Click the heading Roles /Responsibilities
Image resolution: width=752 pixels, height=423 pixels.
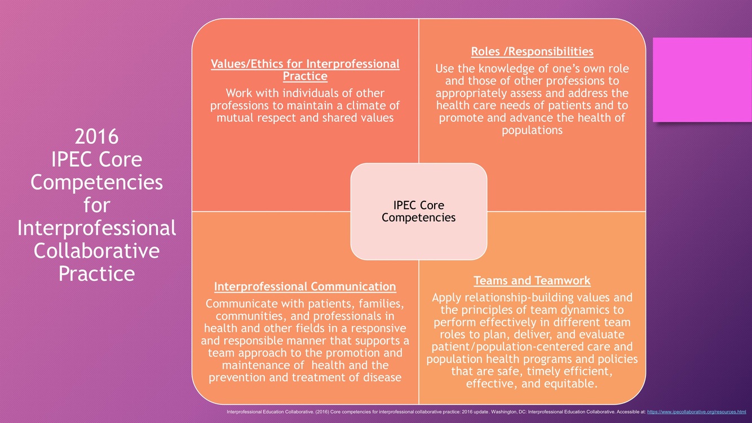[x=532, y=52]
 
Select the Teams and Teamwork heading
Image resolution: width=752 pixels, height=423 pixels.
[x=532, y=280]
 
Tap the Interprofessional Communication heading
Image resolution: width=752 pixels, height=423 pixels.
[x=305, y=287]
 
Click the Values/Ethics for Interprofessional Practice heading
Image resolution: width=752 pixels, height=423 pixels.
[x=305, y=70]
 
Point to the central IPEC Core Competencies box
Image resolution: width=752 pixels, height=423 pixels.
[x=418, y=211]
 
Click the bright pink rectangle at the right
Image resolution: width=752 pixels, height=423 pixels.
[x=702, y=80]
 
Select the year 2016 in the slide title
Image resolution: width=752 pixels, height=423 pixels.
[x=96, y=136]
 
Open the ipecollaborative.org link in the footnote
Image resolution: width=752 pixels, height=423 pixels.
[x=696, y=412]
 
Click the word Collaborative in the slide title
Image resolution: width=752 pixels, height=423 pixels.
[x=96, y=250]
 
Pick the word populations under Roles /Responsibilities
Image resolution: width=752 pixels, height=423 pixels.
[x=532, y=130]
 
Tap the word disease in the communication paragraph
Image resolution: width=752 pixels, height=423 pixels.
[x=378, y=378]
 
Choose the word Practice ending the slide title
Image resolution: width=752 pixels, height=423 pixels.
[x=96, y=274]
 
